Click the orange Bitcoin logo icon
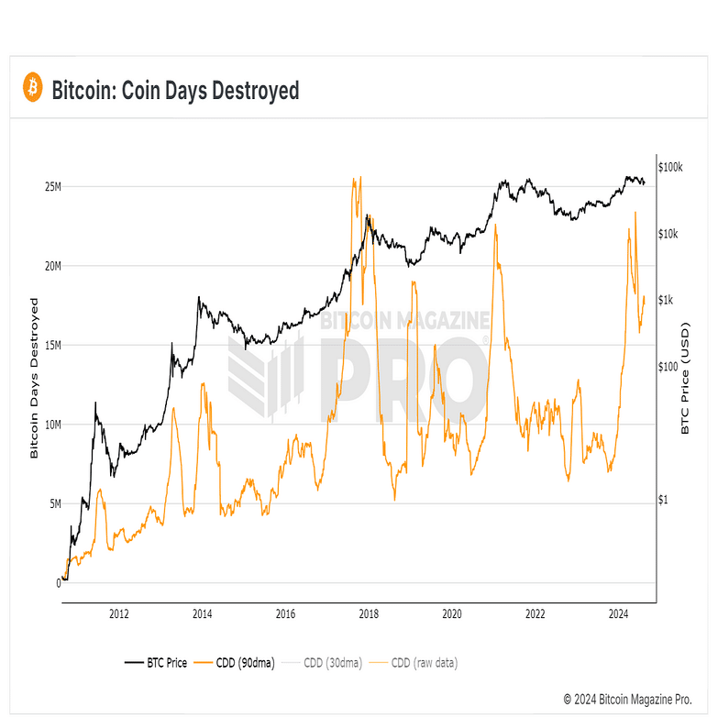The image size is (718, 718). [33, 88]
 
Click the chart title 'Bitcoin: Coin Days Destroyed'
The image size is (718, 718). [175, 90]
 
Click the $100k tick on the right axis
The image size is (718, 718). [674, 168]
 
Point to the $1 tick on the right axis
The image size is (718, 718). [666, 501]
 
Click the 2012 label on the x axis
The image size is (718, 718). [118, 614]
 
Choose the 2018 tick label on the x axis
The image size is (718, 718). [369, 614]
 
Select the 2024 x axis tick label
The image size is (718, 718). [618, 614]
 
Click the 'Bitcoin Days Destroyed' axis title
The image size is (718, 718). [34, 378]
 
